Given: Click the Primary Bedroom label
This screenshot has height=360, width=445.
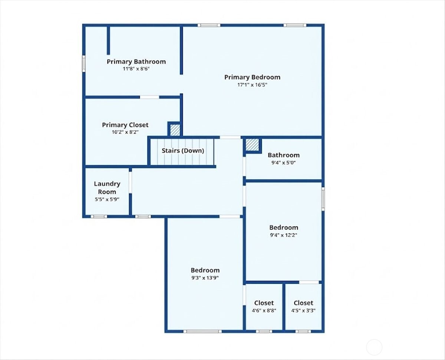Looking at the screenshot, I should pyautogui.click(x=252, y=77).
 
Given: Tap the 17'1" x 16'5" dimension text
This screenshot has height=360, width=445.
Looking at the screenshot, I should pyautogui.click(x=252, y=85).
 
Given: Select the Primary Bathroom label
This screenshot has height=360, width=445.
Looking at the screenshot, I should pyautogui.click(x=136, y=62).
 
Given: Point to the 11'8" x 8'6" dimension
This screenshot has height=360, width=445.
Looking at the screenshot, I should pyautogui.click(x=136, y=69).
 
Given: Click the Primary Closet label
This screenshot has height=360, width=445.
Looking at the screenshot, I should pyautogui.click(x=125, y=125).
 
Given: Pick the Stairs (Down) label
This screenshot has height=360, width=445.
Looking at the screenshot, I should pyautogui.click(x=183, y=151).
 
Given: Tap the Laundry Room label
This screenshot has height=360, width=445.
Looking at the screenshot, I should pyautogui.click(x=107, y=188).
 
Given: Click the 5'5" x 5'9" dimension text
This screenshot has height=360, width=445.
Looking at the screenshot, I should pyautogui.click(x=107, y=199).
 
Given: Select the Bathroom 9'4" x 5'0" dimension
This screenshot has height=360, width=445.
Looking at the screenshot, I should pyautogui.click(x=284, y=163).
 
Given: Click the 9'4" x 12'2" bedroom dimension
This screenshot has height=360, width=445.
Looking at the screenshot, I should pyautogui.click(x=284, y=235).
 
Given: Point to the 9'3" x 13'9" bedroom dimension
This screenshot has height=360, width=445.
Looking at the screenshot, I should pyautogui.click(x=205, y=278).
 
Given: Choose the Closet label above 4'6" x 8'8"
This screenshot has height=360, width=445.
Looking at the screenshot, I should pyautogui.click(x=264, y=303).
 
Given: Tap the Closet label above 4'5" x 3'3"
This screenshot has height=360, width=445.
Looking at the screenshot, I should pyautogui.click(x=303, y=303).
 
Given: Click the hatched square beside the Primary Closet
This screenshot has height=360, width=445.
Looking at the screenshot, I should pyautogui.click(x=175, y=130).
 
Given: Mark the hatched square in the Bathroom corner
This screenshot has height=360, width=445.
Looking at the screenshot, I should pyautogui.click(x=252, y=145).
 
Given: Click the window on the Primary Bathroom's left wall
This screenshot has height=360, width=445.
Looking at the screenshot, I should pyautogui.click(x=84, y=63).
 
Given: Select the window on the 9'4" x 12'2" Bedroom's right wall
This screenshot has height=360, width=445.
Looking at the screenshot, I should pyautogui.click(x=323, y=199).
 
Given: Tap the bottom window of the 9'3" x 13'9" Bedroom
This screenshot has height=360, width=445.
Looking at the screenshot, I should pyautogui.click(x=202, y=331).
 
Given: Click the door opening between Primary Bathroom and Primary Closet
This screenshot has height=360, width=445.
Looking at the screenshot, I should pyautogui.click(x=149, y=97).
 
